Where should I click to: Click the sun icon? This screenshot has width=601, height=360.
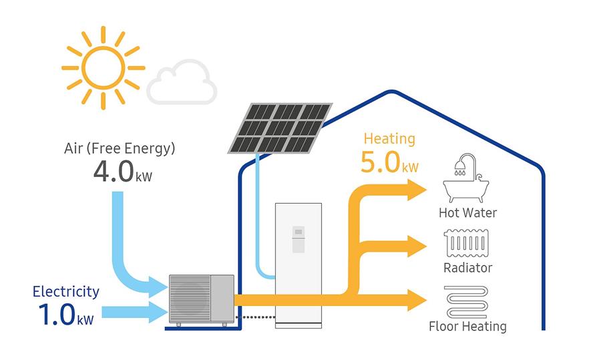(103, 68)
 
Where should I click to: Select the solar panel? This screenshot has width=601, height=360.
(280, 128)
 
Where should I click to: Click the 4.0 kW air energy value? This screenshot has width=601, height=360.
(123, 172)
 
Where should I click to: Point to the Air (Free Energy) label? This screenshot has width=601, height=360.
(120, 149)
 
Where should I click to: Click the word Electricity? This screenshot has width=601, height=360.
(66, 292)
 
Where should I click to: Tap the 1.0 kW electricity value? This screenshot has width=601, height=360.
(66, 315)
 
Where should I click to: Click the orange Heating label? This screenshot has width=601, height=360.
(389, 139)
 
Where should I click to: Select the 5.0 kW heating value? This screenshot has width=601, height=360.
(389, 162)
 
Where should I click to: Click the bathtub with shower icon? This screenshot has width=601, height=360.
(465, 178)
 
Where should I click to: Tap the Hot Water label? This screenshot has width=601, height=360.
(467, 213)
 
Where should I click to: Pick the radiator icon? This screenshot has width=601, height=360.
(467, 243)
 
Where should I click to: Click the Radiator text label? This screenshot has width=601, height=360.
(467, 268)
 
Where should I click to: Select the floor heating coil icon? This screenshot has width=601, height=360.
(467, 302)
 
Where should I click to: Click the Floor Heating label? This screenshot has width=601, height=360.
(467, 326)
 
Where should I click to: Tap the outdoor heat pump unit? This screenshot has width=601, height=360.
(202, 299)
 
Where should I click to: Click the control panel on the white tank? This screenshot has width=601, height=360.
(298, 240)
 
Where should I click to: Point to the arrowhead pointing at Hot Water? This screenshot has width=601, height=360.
(417, 190)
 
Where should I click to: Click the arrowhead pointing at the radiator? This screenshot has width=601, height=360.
(417, 246)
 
